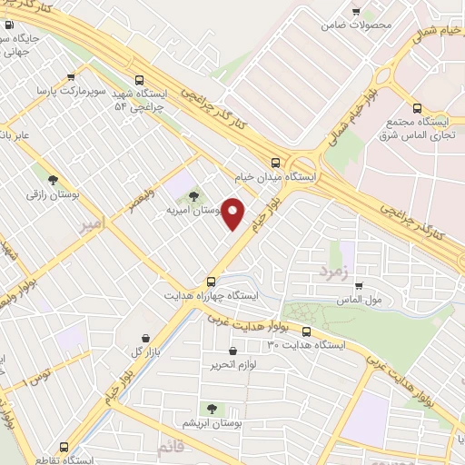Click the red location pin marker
(234, 214)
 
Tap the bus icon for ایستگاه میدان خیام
(276, 163)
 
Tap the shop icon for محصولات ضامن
(358, 9)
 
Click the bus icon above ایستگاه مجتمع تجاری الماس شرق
(417, 108)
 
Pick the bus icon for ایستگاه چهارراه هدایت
(211, 282)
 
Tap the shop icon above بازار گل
(145, 338)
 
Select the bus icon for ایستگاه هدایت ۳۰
(307, 331)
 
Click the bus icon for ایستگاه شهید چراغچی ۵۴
(138, 79)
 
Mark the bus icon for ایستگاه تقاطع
(64, 446)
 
